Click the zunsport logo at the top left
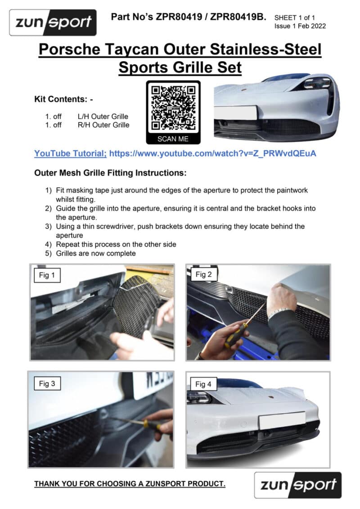[x=53, y=23]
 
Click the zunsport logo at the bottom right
[x=297, y=485]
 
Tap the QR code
[x=173, y=108]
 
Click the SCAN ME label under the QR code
[x=173, y=139]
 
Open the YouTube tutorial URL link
[x=212, y=153]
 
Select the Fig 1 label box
[x=47, y=275]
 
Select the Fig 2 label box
[x=203, y=275]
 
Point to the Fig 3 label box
[x=47, y=383]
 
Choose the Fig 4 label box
[x=203, y=384]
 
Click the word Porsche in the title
[x=69, y=50]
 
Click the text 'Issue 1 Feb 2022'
[x=300, y=26]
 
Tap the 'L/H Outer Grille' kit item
[x=103, y=117]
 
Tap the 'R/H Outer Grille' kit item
[x=103, y=125]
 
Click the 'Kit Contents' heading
[x=63, y=99]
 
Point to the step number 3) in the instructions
[x=48, y=226]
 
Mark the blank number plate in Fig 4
[x=282, y=420]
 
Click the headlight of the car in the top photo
[x=318, y=83]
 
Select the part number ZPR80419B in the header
[x=238, y=17]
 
